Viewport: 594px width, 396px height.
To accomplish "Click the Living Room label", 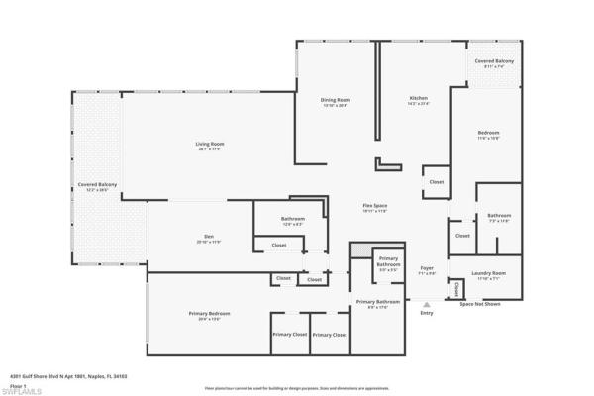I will coord(209,145).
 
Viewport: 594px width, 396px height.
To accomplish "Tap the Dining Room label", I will coord(335,100).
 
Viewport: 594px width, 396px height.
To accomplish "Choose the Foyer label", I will coord(427,267).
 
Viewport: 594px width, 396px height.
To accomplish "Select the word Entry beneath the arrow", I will coord(427,314).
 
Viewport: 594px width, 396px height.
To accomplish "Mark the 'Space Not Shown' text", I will coord(479,304).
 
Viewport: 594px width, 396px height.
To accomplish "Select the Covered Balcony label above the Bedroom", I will coord(492,62).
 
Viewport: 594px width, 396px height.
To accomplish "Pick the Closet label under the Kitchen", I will coord(436,182).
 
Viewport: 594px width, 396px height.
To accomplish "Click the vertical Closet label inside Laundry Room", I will coord(457,290).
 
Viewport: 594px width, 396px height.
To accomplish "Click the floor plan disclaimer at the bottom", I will coord(296,377).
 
